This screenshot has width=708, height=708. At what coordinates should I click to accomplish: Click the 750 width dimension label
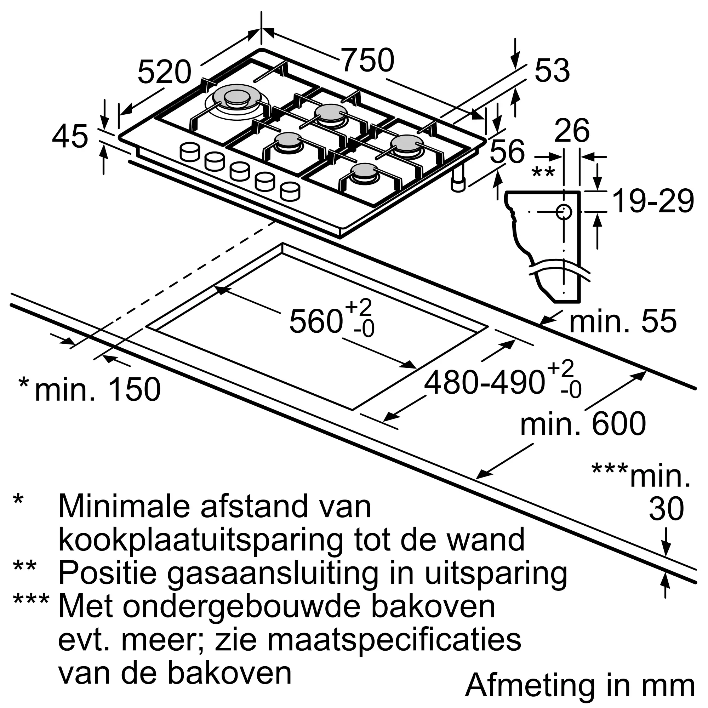coord(367,60)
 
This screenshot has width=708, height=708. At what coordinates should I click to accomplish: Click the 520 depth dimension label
coord(164,72)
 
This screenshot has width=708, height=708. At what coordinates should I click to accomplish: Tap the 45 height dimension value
coord(70,137)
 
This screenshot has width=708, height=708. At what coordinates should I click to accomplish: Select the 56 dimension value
coord(507,152)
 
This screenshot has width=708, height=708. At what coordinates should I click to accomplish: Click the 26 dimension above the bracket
coord(572,131)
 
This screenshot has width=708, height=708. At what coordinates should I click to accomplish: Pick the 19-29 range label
coord(653,201)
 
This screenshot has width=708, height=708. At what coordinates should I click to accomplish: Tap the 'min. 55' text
coord(623,321)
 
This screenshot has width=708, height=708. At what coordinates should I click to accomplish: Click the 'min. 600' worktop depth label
coord(583,424)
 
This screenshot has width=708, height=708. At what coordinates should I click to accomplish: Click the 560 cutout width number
coord(316,321)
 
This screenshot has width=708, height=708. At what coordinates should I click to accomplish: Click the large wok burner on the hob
coord(236,99)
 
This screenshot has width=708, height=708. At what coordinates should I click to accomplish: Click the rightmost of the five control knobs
coord(290,192)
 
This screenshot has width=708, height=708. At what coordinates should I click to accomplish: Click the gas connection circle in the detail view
coord(564,212)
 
